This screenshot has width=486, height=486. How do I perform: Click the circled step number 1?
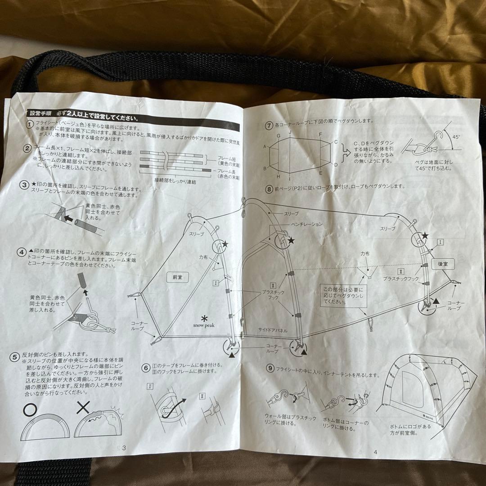[x=29, y=124]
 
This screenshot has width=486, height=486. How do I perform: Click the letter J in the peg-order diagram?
[x=291, y=132]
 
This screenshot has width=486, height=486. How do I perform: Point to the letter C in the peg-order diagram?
[x=335, y=142]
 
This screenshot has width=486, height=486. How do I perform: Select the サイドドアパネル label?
[x=273, y=330]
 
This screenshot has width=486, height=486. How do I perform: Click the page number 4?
[x=374, y=453]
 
